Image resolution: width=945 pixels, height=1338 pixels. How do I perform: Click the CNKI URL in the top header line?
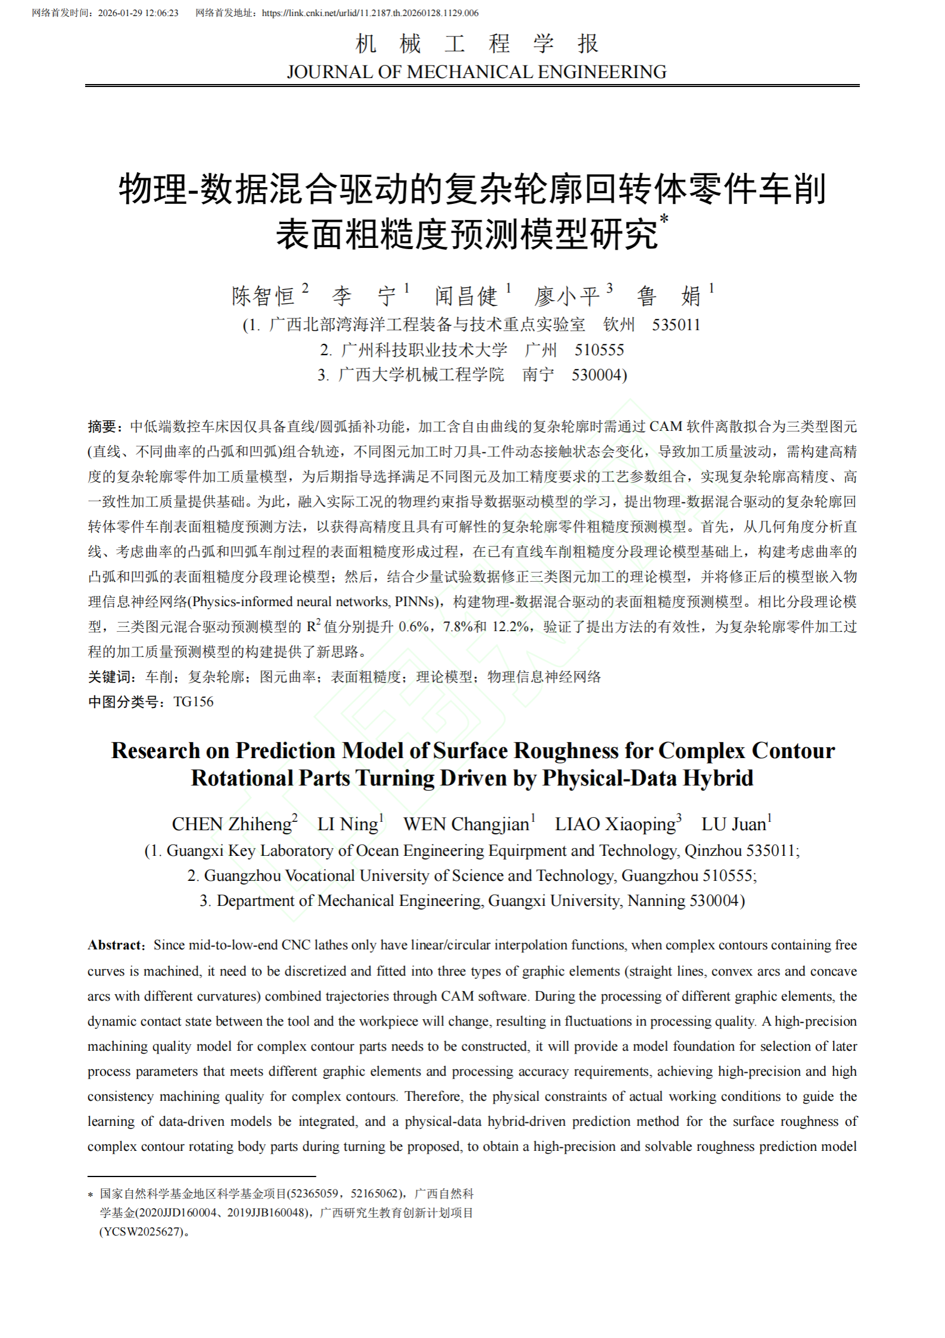[369, 13]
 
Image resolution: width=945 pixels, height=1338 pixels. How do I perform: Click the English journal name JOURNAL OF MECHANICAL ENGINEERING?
[476, 72]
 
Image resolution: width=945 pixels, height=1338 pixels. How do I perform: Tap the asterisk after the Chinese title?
[664, 219]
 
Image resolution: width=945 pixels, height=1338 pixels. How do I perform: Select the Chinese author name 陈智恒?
[263, 296]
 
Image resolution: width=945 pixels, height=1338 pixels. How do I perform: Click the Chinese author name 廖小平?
[567, 296]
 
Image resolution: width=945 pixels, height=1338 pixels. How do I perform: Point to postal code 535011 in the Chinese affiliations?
[676, 325]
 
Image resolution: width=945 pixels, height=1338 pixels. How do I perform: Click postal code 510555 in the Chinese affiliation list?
[599, 350]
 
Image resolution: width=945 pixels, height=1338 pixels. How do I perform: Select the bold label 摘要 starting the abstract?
[102, 427]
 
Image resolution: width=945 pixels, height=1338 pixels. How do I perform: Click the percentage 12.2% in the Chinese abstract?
[510, 627]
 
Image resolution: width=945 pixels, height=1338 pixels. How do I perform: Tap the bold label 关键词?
[109, 677]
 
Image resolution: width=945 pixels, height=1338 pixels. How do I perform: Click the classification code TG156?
[193, 702]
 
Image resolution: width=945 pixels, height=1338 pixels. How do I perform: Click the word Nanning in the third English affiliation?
[656, 901]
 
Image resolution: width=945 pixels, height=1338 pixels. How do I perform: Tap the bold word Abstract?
[114, 945]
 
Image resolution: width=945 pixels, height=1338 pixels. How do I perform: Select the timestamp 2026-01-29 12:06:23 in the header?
[138, 13]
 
